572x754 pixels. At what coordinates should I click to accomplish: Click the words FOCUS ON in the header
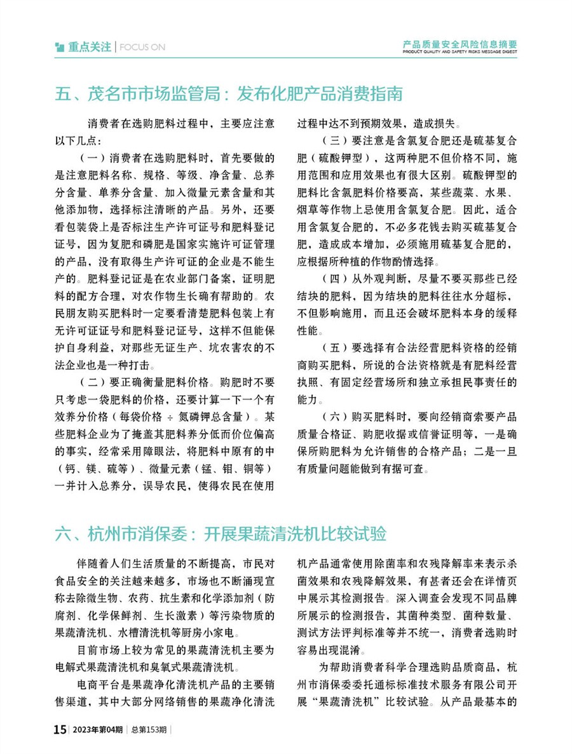142,47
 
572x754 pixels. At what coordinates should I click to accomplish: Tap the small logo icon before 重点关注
60,47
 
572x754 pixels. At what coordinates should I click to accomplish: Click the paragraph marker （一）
93,156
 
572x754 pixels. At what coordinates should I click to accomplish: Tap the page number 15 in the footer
59,730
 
